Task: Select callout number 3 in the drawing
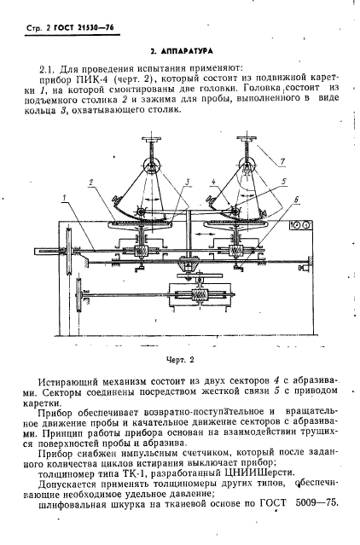187,183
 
